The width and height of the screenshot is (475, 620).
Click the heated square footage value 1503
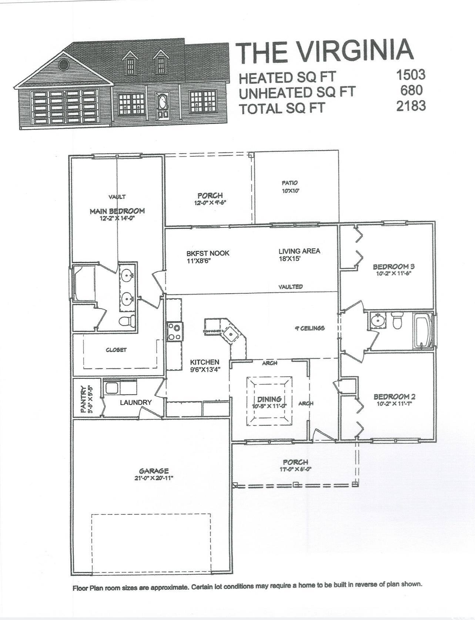point(411,75)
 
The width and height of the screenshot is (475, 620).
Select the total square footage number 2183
point(411,106)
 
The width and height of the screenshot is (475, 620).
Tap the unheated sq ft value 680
point(411,90)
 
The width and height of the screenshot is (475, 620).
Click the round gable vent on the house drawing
point(64,65)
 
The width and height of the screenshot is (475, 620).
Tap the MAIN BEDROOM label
point(117,211)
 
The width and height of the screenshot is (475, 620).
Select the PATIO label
point(290,183)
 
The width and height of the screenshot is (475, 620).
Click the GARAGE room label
point(154,471)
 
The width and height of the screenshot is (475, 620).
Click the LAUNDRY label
point(136,402)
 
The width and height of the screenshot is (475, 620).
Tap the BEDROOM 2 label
point(392,397)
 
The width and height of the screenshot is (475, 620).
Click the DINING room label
point(269,399)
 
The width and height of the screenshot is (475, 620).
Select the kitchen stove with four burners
point(174,332)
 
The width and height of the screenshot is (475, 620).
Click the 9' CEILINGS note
point(310,328)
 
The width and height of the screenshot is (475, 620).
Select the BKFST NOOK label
point(208,253)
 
